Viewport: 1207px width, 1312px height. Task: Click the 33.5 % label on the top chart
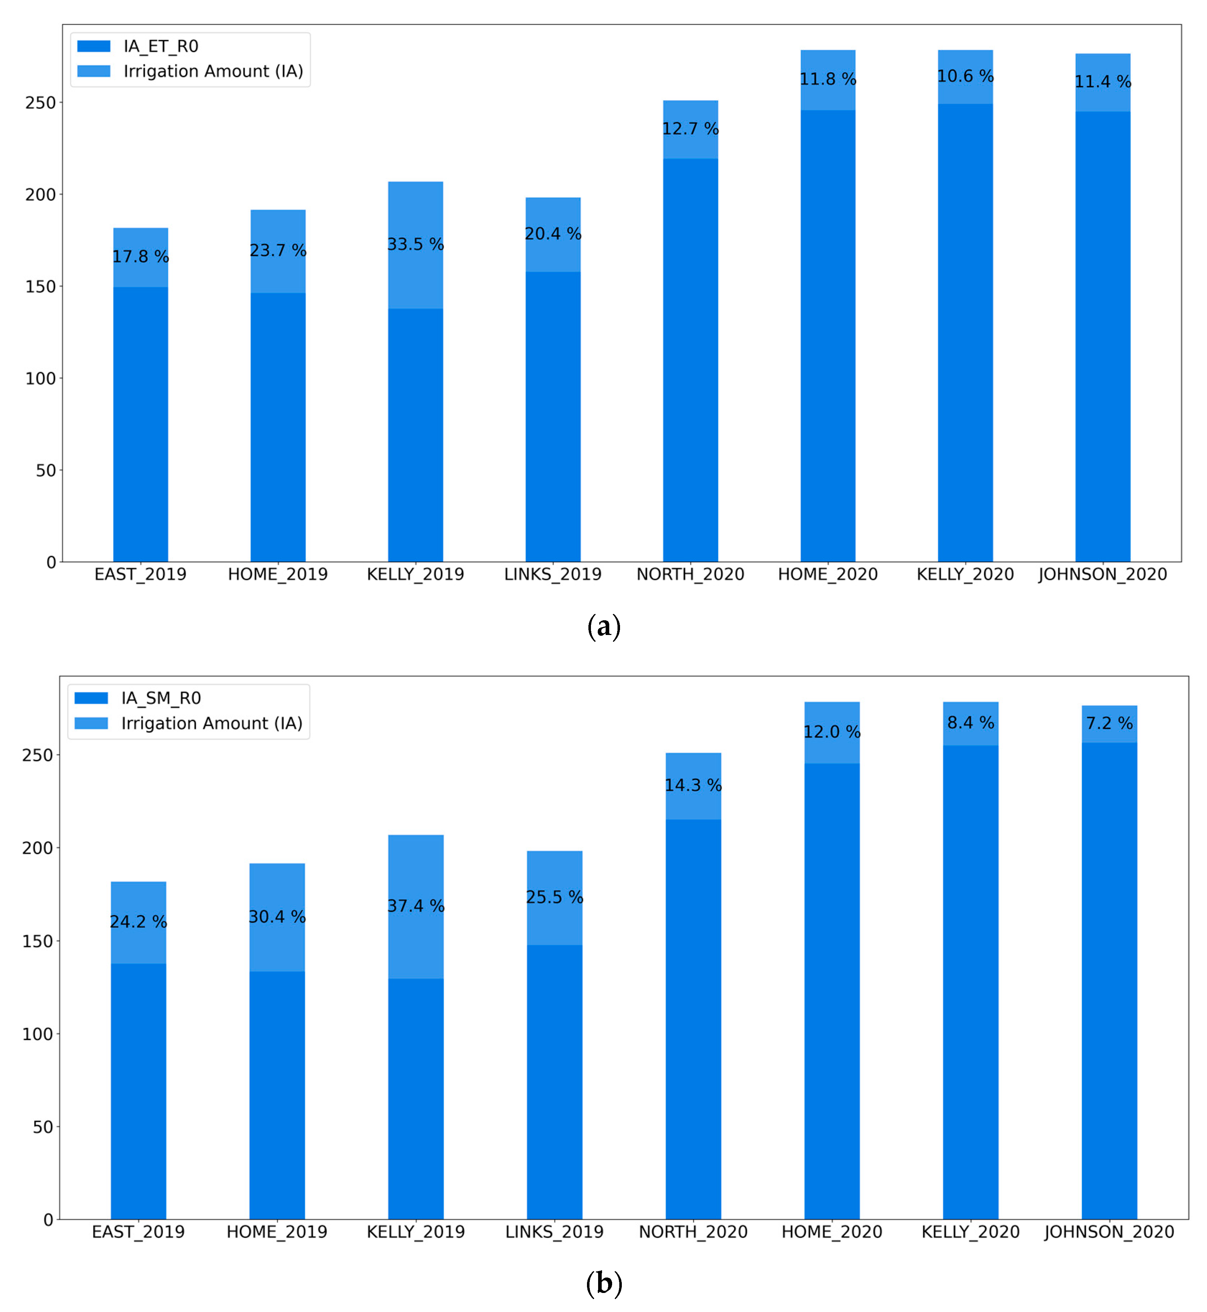tap(415, 244)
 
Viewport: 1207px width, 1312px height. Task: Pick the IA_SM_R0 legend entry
tap(161, 698)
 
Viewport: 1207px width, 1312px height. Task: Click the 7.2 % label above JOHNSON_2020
tap(1109, 723)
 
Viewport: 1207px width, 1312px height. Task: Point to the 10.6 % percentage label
tap(965, 77)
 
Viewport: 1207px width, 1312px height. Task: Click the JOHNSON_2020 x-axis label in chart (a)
tap(1102, 574)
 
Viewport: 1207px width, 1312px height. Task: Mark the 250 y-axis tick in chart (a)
tap(41, 102)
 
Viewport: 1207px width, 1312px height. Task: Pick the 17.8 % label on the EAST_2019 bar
tap(140, 257)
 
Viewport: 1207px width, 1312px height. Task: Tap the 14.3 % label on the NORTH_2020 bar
tap(693, 785)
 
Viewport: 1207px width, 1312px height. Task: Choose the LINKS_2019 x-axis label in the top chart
tap(552, 574)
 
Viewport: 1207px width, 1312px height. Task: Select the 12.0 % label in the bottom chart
tap(832, 732)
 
